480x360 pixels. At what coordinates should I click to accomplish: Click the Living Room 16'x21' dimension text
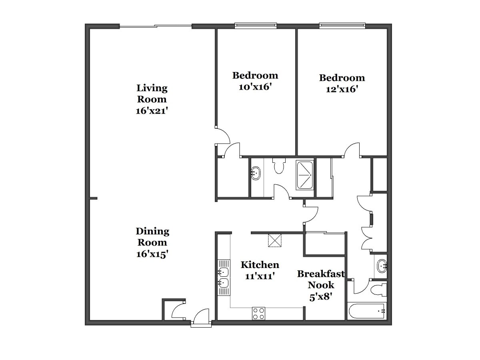pyautogui.click(x=152, y=111)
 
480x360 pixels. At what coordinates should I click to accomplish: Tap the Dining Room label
pyautogui.click(x=152, y=237)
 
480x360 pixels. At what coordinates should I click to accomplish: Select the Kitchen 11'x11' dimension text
pyautogui.click(x=260, y=276)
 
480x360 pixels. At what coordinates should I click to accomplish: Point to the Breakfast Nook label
pyautogui.click(x=321, y=279)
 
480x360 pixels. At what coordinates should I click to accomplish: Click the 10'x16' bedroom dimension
pyautogui.click(x=255, y=87)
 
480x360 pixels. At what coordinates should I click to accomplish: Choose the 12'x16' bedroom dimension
pyautogui.click(x=342, y=89)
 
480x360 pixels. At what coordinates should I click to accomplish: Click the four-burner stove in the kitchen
pyautogui.click(x=258, y=314)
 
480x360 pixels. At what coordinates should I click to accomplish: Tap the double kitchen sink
pyautogui.click(x=224, y=277)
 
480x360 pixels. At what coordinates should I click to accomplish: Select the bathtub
pyautogui.click(x=367, y=311)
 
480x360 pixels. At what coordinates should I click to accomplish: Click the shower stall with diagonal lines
pyautogui.click(x=305, y=175)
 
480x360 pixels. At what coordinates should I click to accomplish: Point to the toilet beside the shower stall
pyautogui.click(x=279, y=166)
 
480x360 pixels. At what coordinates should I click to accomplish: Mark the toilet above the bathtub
pyautogui.click(x=379, y=290)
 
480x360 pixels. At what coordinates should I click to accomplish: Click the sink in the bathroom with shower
pyautogui.click(x=256, y=174)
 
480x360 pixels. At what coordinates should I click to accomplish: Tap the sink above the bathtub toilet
pyautogui.click(x=382, y=266)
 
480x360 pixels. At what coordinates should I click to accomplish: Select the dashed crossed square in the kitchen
pyautogui.click(x=275, y=241)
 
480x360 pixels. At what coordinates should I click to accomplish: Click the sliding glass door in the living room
pyautogui.click(x=156, y=26)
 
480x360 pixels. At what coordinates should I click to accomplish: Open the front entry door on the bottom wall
pyautogui.click(x=201, y=319)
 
